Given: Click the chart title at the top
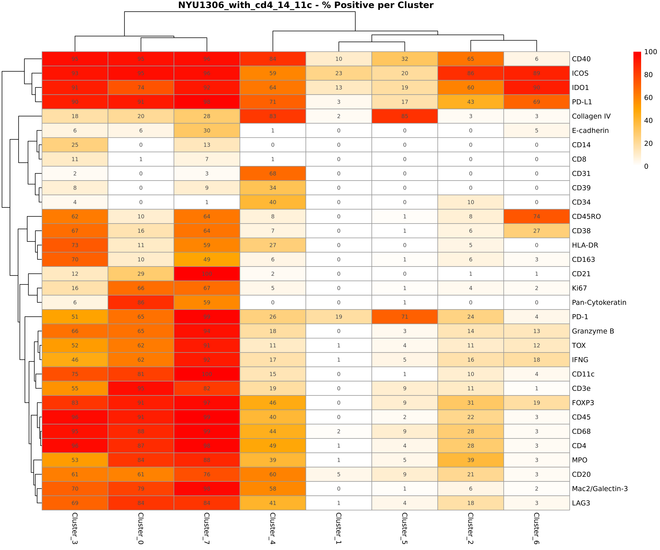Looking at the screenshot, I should (x=305, y=5).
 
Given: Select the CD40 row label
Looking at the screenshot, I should (x=581, y=59).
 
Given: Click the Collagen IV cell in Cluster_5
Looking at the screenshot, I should (x=404, y=116).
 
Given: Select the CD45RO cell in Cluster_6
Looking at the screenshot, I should (x=536, y=217).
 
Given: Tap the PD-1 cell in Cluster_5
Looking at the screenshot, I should (x=404, y=317).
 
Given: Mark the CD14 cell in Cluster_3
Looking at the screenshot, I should (x=75, y=145).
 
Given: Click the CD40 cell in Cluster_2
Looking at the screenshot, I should (x=470, y=59).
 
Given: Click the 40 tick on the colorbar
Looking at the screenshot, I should (x=648, y=121).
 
